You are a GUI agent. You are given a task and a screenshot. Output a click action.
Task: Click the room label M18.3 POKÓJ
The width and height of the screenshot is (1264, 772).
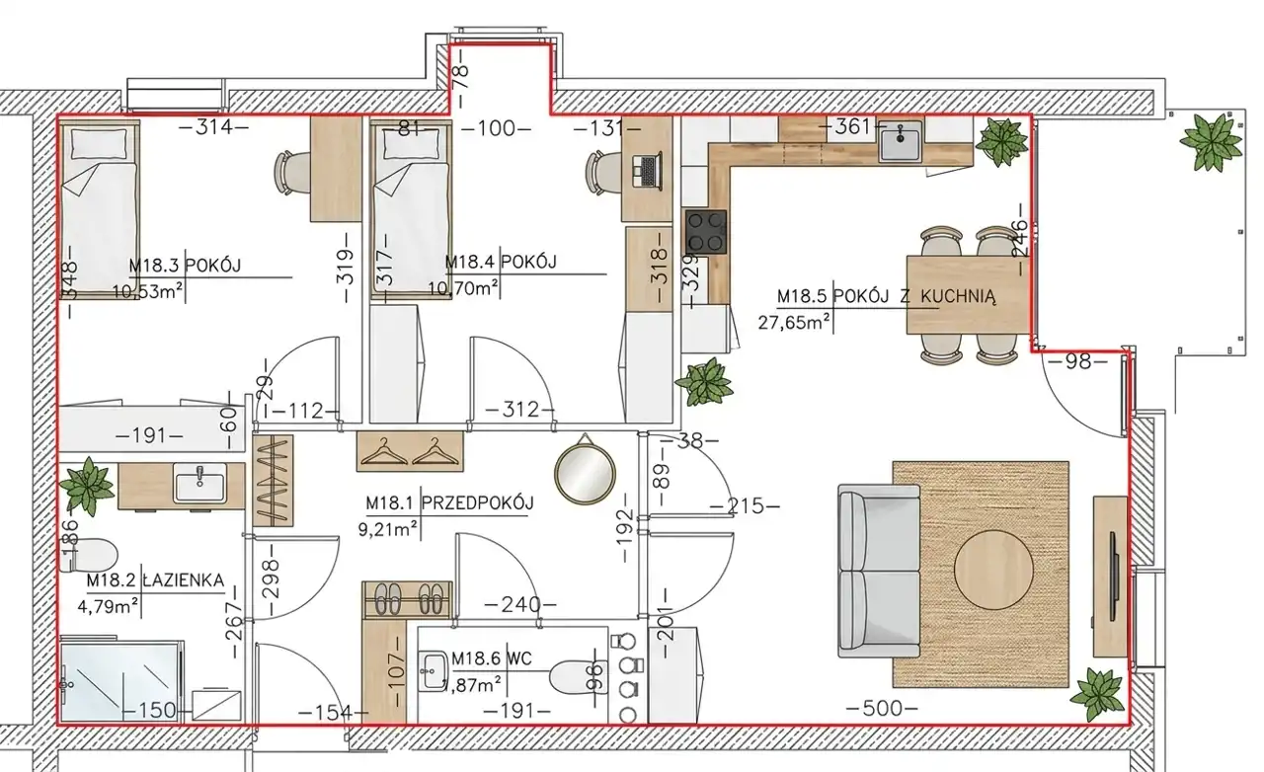pos(185,265)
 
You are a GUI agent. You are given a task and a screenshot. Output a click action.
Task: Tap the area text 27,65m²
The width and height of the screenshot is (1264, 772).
pos(793,322)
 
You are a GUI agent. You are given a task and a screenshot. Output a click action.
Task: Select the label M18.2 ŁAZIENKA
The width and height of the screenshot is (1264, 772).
pos(155,580)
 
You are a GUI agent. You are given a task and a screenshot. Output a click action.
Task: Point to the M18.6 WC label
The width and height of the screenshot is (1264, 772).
pos(492,658)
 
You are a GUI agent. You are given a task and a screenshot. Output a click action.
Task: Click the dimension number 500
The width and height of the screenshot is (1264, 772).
pos(883,708)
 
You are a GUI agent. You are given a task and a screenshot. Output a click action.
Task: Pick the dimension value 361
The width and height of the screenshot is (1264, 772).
pos(852,127)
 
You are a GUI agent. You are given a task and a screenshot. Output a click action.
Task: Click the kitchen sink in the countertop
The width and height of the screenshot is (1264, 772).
pos(900,141)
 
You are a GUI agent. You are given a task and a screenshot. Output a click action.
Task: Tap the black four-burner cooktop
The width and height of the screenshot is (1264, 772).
pos(706,232)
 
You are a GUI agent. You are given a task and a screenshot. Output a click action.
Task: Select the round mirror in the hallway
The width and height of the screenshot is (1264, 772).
pos(585,469)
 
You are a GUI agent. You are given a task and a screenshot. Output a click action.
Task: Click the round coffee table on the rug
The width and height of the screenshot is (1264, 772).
pos(993,570)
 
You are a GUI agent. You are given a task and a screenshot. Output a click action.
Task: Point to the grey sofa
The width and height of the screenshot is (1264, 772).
pos(879,571)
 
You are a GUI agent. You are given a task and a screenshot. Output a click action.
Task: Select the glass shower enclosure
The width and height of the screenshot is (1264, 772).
pos(121,680)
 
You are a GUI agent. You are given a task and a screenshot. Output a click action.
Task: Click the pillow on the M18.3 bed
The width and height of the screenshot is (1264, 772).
pos(100,144)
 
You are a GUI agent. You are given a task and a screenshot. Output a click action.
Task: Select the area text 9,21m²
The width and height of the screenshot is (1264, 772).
pos(388,529)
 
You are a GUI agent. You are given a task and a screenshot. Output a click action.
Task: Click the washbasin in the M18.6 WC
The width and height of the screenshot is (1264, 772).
pos(434,670)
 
